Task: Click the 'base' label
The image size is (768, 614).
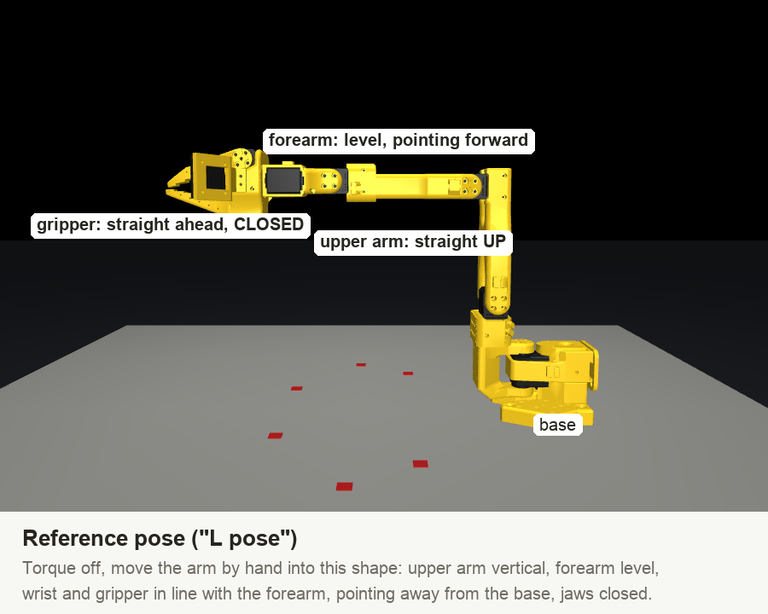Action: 557,425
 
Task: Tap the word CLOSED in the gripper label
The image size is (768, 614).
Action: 269,224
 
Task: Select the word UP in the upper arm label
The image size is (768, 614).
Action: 494,241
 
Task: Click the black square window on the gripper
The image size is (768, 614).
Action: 216,177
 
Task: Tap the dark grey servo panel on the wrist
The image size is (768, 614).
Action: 283,180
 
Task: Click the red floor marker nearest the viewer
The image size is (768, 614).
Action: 345,486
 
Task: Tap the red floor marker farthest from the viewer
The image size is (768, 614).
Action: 361,365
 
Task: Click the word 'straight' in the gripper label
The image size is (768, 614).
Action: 137,224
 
